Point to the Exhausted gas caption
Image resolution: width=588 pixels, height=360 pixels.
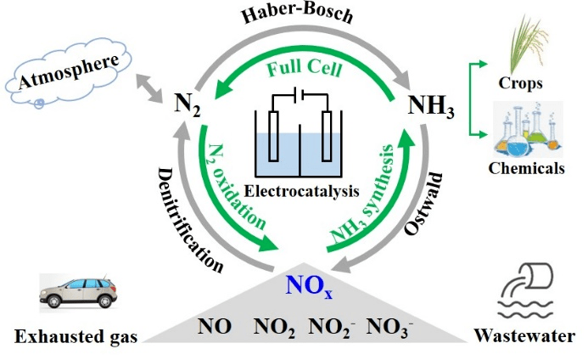pyautogui.click(x=76, y=336)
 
